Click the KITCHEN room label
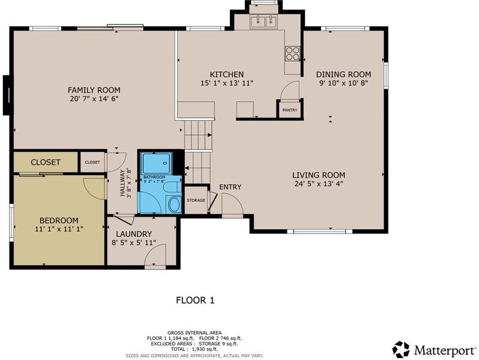click(227, 74)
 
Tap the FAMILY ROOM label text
click(94, 90)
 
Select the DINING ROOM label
click(344, 74)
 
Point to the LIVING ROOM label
click(319, 175)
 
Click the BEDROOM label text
click(59, 220)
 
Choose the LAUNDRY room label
click(134, 234)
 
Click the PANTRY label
click(289, 110)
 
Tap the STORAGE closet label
click(196, 200)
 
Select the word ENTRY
click(230, 187)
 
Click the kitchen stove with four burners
click(293, 53)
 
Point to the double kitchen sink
click(264, 22)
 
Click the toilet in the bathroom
click(172, 187)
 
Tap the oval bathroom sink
click(175, 204)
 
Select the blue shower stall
click(157, 163)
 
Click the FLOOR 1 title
click(195, 300)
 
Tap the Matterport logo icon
click(401, 350)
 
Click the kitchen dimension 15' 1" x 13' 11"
click(227, 83)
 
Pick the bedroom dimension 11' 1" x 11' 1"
click(59, 229)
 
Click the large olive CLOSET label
click(46, 162)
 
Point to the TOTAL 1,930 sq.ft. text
click(194, 349)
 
